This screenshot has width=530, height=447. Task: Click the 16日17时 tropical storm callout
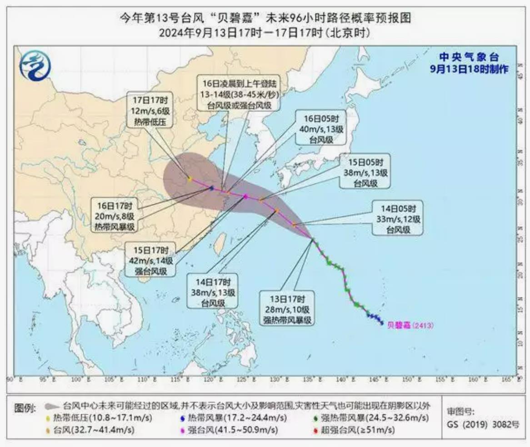[x=115, y=215]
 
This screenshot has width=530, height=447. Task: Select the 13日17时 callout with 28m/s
[x=289, y=309]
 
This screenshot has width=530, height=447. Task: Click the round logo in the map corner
[x=35, y=66]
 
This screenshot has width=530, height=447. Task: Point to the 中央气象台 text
[x=469, y=58]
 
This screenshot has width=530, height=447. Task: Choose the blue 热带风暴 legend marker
[x=182, y=417]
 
